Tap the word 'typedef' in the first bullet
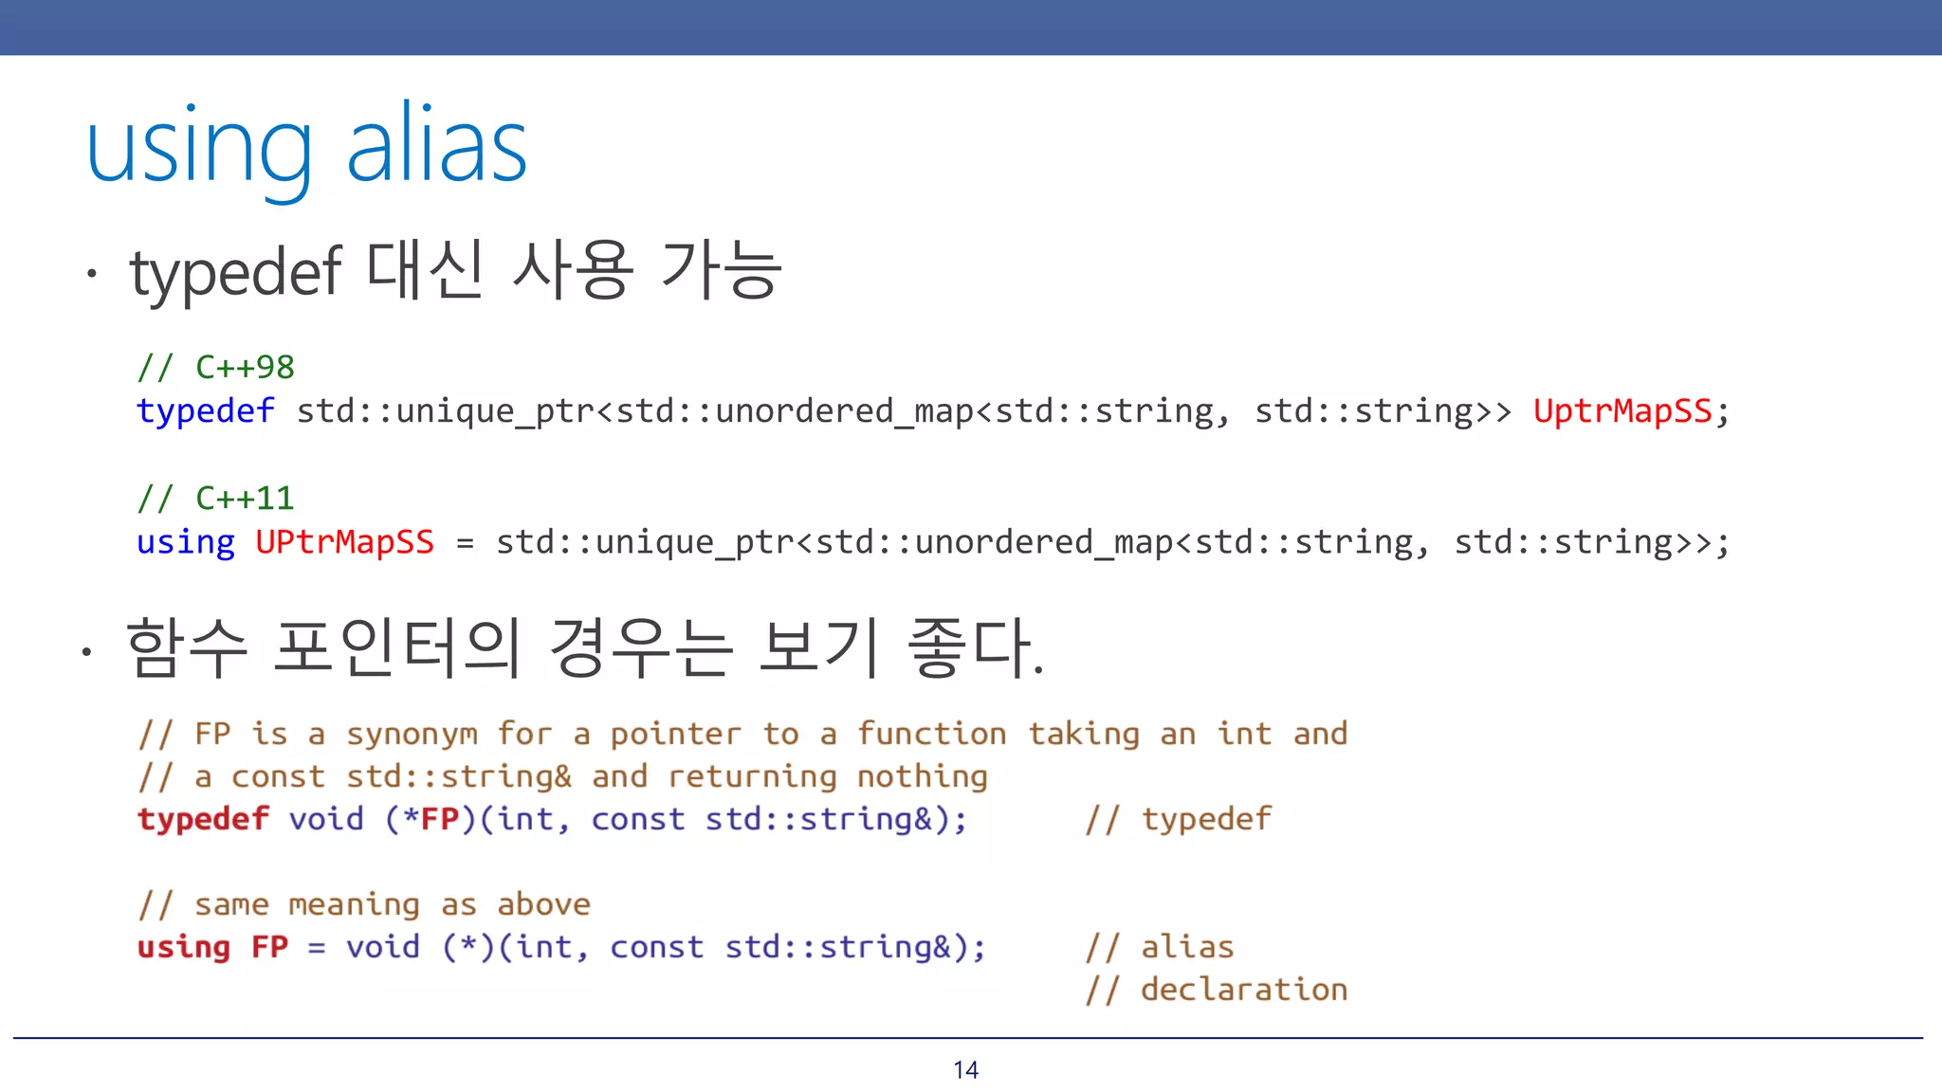pyautogui.click(x=235, y=273)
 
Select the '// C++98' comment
pyautogui.click(x=216, y=367)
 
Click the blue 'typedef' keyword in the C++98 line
pyautogui.click(x=206, y=411)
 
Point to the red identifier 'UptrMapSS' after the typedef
pyautogui.click(x=1622, y=411)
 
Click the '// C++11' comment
pyautogui.click(x=216, y=498)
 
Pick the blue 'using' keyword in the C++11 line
pyautogui.click(x=186, y=542)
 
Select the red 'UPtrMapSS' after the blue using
pyautogui.click(x=345, y=542)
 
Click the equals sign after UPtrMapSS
pyautogui.click(x=465, y=543)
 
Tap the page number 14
pyautogui.click(x=965, y=1070)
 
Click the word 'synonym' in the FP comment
pyautogui.click(x=412, y=735)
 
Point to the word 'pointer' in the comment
pyautogui.click(x=675, y=735)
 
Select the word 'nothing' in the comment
pyautogui.click(x=922, y=777)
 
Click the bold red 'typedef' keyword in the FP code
pyautogui.click(x=203, y=819)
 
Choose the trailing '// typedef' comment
pyautogui.click(x=1178, y=819)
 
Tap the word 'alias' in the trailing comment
pyautogui.click(x=1187, y=947)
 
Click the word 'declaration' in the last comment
pyautogui.click(x=1243, y=990)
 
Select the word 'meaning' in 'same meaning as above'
pyautogui.click(x=354, y=905)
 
